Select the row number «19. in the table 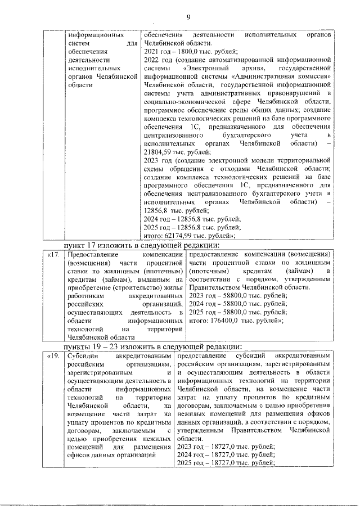pos(53,357)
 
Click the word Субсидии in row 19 pos(83,357)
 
